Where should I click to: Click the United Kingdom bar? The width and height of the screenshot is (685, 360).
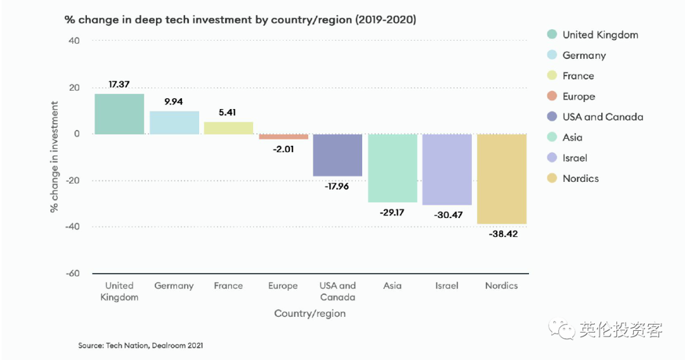pos(119,114)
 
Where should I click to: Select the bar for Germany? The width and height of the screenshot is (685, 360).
pos(174,122)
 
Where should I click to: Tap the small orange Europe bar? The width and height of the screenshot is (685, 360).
pos(283,136)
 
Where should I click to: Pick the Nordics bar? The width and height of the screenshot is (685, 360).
pos(502,179)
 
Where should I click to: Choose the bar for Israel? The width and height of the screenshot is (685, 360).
pos(447,169)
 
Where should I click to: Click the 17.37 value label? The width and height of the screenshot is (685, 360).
pos(119,84)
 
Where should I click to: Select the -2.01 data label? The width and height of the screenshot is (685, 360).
pos(283,149)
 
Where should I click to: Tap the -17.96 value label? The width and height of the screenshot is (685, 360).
pos(337,186)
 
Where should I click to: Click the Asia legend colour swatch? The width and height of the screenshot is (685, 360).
pos(551,138)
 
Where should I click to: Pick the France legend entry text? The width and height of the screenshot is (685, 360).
pos(578,76)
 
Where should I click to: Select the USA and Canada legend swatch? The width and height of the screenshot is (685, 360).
pos(551,117)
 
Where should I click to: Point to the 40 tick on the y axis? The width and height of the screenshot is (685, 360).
pos(74,41)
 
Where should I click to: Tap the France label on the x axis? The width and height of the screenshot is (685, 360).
pos(228,286)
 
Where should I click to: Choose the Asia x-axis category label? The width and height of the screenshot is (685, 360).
pos(392,286)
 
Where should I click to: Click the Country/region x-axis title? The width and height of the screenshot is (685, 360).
pos(310,314)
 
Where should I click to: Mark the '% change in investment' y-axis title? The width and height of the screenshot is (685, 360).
pos(55,157)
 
